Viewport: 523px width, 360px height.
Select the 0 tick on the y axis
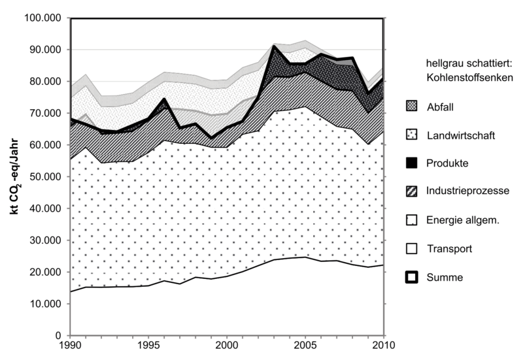(60, 335)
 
